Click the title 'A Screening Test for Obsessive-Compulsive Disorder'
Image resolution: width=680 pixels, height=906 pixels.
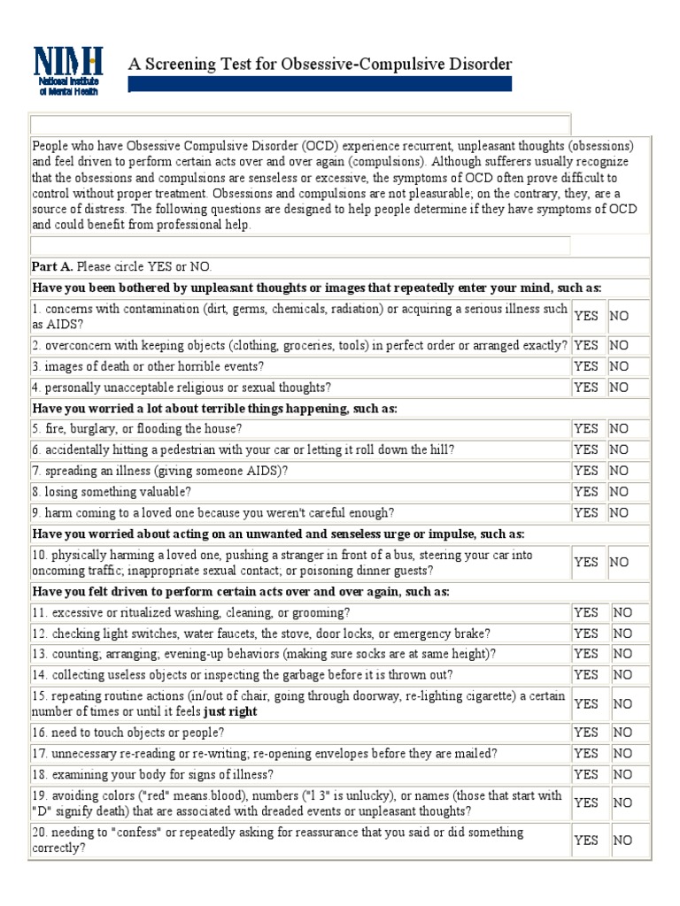click(321, 64)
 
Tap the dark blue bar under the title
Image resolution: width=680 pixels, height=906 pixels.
click(321, 84)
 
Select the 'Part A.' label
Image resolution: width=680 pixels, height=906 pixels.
click(53, 266)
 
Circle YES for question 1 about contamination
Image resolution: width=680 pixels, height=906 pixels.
click(586, 316)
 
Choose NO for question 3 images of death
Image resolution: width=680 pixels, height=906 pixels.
click(619, 366)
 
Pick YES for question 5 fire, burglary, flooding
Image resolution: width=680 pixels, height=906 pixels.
click(586, 428)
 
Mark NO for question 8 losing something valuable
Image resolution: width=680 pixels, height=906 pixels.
click(619, 492)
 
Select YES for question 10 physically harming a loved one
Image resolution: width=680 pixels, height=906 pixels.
click(586, 562)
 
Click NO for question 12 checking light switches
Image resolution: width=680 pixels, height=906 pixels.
click(622, 633)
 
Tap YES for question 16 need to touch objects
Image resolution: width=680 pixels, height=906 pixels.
click(586, 733)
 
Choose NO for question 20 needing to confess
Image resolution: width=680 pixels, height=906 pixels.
click(622, 841)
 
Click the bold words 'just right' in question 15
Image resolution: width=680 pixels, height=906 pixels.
click(231, 711)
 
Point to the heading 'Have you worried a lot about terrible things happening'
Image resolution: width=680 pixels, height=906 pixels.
click(215, 408)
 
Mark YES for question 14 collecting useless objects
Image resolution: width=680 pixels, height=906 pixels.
click(586, 675)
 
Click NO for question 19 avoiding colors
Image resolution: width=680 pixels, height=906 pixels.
click(622, 802)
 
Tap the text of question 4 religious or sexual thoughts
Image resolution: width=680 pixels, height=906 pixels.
click(182, 388)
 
